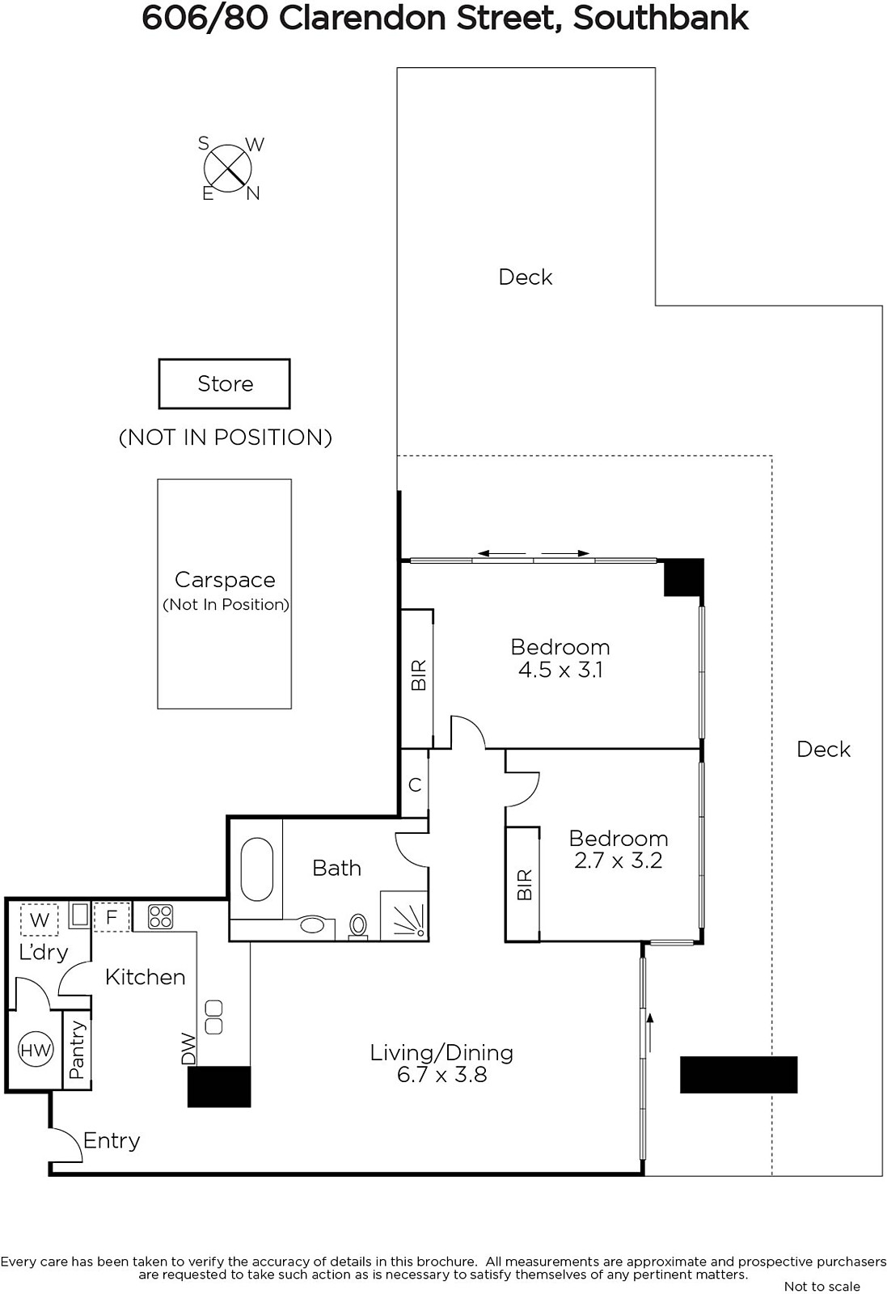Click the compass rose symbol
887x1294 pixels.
(227, 169)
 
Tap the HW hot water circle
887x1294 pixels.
(36, 1050)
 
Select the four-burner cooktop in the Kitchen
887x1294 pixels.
(160, 917)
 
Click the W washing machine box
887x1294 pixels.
(40, 920)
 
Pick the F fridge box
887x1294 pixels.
(112, 917)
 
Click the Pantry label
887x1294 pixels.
(77, 1051)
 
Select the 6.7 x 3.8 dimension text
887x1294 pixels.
(441, 1075)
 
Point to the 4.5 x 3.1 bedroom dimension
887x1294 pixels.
(560, 670)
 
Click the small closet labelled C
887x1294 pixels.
(415, 784)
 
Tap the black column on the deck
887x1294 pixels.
(738, 1075)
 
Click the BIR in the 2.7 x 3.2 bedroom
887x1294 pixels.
(523, 885)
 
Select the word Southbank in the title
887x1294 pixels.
(660, 18)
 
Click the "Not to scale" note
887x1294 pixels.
(822, 1286)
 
